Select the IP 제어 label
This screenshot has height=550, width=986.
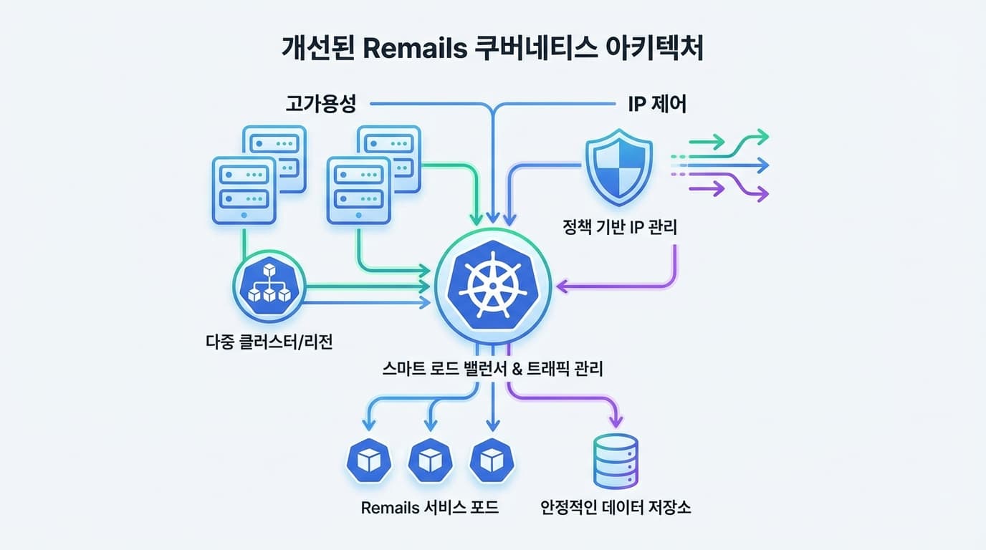pyautogui.click(x=657, y=105)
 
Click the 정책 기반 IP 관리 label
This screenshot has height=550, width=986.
pyautogui.click(x=620, y=228)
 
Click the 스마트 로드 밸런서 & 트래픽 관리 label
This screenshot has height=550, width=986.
pyautogui.click(x=493, y=370)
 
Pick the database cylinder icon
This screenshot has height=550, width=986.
pyautogui.click(x=616, y=461)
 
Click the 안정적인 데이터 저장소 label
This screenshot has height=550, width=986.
pyautogui.click(x=616, y=508)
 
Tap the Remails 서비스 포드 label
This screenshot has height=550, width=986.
pyautogui.click(x=429, y=508)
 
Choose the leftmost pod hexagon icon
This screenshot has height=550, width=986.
pyautogui.click(x=368, y=460)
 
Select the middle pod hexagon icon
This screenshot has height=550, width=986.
pyautogui.click(x=430, y=460)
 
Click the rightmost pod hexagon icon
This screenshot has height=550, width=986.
pyautogui.click(x=492, y=460)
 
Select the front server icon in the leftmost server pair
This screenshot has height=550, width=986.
pyautogui.click(x=244, y=189)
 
